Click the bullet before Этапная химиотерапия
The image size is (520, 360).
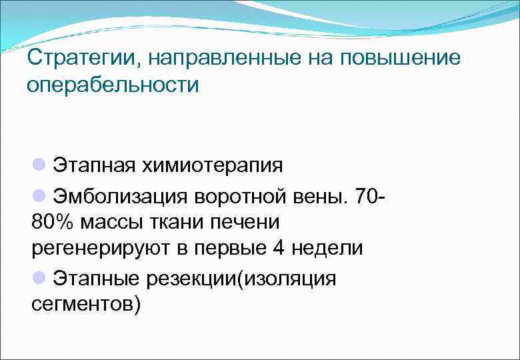(x=39, y=164)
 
